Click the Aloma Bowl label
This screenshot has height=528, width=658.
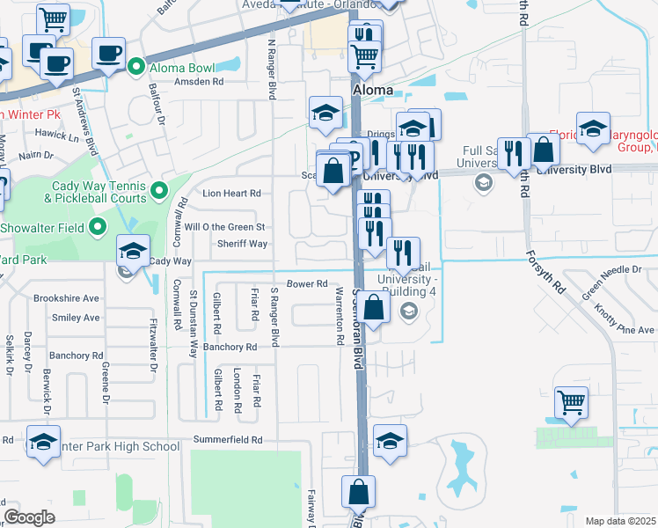[182, 67]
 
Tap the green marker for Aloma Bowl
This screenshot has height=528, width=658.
[136, 66]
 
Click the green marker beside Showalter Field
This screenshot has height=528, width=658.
[99, 228]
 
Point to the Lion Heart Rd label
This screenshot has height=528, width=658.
[232, 193]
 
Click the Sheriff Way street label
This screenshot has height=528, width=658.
[243, 244]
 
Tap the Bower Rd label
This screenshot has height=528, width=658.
[307, 284]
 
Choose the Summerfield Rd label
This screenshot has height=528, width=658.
[232, 439]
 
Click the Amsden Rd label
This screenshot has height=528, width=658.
[199, 82]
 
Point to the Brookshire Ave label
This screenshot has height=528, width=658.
[66, 298]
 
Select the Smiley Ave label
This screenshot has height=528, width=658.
[76, 318]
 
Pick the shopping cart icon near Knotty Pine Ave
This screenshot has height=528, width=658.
[572, 403]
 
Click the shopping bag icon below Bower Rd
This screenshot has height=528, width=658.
[374, 308]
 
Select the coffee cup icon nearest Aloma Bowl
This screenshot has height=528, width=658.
[108, 53]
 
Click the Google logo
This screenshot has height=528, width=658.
[29, 517]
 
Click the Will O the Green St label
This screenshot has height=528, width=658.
[224, 227]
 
